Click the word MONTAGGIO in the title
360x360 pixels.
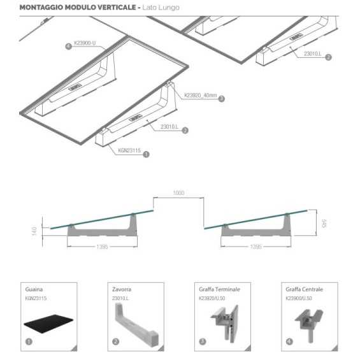click(40, 8)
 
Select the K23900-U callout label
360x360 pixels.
click(85, 43)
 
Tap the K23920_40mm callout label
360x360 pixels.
click(200, 96)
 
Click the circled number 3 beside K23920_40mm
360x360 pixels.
click(221, 98)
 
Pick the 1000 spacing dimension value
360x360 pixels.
click(179, 192)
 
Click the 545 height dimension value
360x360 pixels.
click(324, 224)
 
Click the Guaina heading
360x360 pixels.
click(34, 289)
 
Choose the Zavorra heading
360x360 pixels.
click(121, 289)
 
